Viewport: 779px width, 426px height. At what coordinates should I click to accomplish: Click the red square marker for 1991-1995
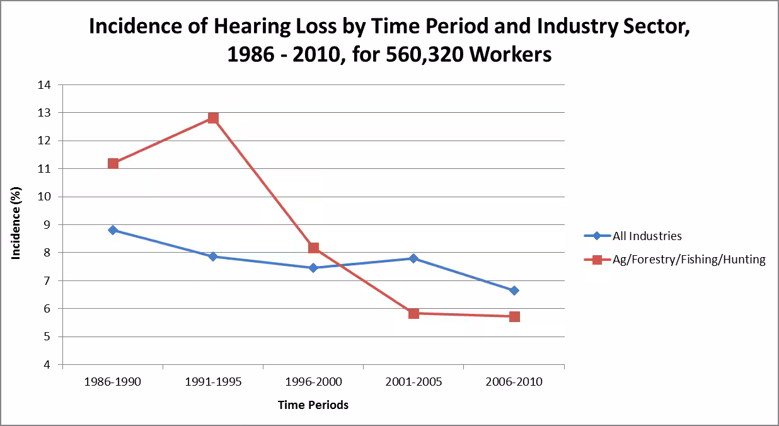click(x=213, y=118)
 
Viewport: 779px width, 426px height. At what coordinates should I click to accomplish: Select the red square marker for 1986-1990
click(x=113, y=163)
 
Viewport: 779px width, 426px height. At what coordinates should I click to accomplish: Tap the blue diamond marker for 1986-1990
click(x=113, y=230)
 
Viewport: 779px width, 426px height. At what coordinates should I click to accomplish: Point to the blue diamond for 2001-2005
click(x=413, y=258)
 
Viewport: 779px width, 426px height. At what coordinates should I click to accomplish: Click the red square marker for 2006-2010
click(x=514, y=316)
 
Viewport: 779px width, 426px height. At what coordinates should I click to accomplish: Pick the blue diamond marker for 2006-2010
click(x=514, y=291)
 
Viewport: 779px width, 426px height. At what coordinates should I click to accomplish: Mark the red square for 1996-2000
click(x=313, y=248)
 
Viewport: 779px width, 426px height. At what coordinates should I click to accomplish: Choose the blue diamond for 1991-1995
click(x=213, y=256)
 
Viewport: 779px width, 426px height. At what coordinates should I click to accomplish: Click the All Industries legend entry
click(x=647, y=236)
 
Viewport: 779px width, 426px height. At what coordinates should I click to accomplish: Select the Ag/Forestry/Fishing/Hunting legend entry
click(x=689, y=260)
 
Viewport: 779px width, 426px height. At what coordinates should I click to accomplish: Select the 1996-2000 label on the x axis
click(x=313, y=383)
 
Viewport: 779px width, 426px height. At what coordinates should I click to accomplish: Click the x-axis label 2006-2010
click(x=514, y=383)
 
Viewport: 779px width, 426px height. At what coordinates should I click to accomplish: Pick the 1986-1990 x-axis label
click(x=113, y=383)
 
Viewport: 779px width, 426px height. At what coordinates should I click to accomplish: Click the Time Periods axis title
click(x=313, y=405)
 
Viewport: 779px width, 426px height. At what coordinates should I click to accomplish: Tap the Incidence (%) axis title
click(x=17, y=223)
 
